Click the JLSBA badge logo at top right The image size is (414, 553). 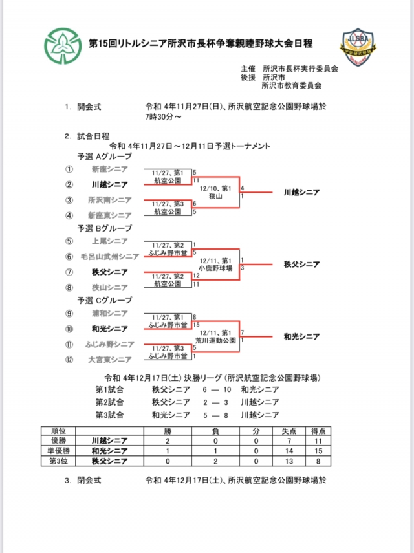coord(358,47)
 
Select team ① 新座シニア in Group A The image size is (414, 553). coord(111,169)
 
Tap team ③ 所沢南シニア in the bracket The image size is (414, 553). coord(110,200)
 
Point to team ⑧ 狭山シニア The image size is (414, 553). coord(109,287)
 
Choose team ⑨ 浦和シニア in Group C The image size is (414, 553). coord(110,314)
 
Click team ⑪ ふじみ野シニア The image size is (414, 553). coord(109,344)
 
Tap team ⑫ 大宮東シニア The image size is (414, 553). coord(110,360)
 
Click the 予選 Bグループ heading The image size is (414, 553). coord(104,228)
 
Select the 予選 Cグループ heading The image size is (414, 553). coord(104,300)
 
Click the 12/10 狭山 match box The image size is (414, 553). coord(215,191)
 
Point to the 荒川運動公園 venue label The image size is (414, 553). coord(215,339)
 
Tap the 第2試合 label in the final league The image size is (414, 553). coord(109,402)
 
